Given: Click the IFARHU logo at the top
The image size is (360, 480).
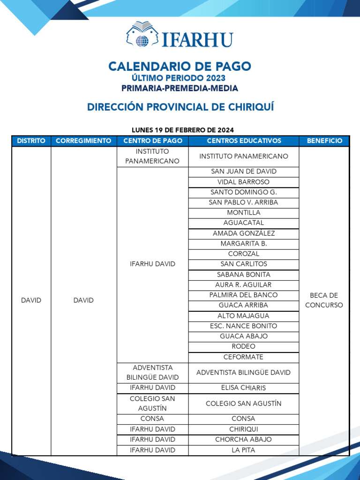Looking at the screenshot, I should [x=180, y=35].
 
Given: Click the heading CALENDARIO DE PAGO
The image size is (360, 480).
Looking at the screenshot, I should [x=180, y=67].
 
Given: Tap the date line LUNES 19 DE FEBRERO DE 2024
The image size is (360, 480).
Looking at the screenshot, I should [x=182, y=130].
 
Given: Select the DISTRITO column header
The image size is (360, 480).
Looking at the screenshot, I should [x=31, y=141].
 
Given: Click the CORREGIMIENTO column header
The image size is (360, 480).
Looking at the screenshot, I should [x=83, y=141].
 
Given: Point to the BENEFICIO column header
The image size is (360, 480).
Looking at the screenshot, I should [x=324, y=141].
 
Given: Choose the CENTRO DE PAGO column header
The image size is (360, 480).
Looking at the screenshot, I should [x=152, y=141].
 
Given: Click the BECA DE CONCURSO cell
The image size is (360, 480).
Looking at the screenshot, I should [x=324, y=300].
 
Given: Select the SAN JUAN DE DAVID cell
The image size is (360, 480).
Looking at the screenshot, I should [x=243, y=172].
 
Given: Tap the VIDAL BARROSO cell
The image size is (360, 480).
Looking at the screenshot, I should [x=243, y=182].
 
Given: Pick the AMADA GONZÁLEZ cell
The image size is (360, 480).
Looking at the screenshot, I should [x=243, y=233].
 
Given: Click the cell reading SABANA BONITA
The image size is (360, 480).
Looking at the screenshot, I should [x=243, y=275].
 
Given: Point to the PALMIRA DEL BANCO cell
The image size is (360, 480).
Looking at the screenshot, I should [x=243, y=295].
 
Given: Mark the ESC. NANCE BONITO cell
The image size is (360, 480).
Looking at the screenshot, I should [x=243, y=326].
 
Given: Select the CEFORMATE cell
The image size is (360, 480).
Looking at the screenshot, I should [x=243, y=357].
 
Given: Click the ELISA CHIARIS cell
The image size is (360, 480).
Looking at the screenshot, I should [x=243, y=388].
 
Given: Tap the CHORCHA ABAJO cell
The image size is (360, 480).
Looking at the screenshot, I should [x=243, y=440].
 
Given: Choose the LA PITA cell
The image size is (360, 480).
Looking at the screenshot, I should [x=243, y=450].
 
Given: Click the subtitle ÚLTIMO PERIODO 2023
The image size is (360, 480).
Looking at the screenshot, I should [x=180, y=78].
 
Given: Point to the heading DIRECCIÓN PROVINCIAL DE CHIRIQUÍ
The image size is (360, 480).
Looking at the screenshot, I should [x=180, y=107].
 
